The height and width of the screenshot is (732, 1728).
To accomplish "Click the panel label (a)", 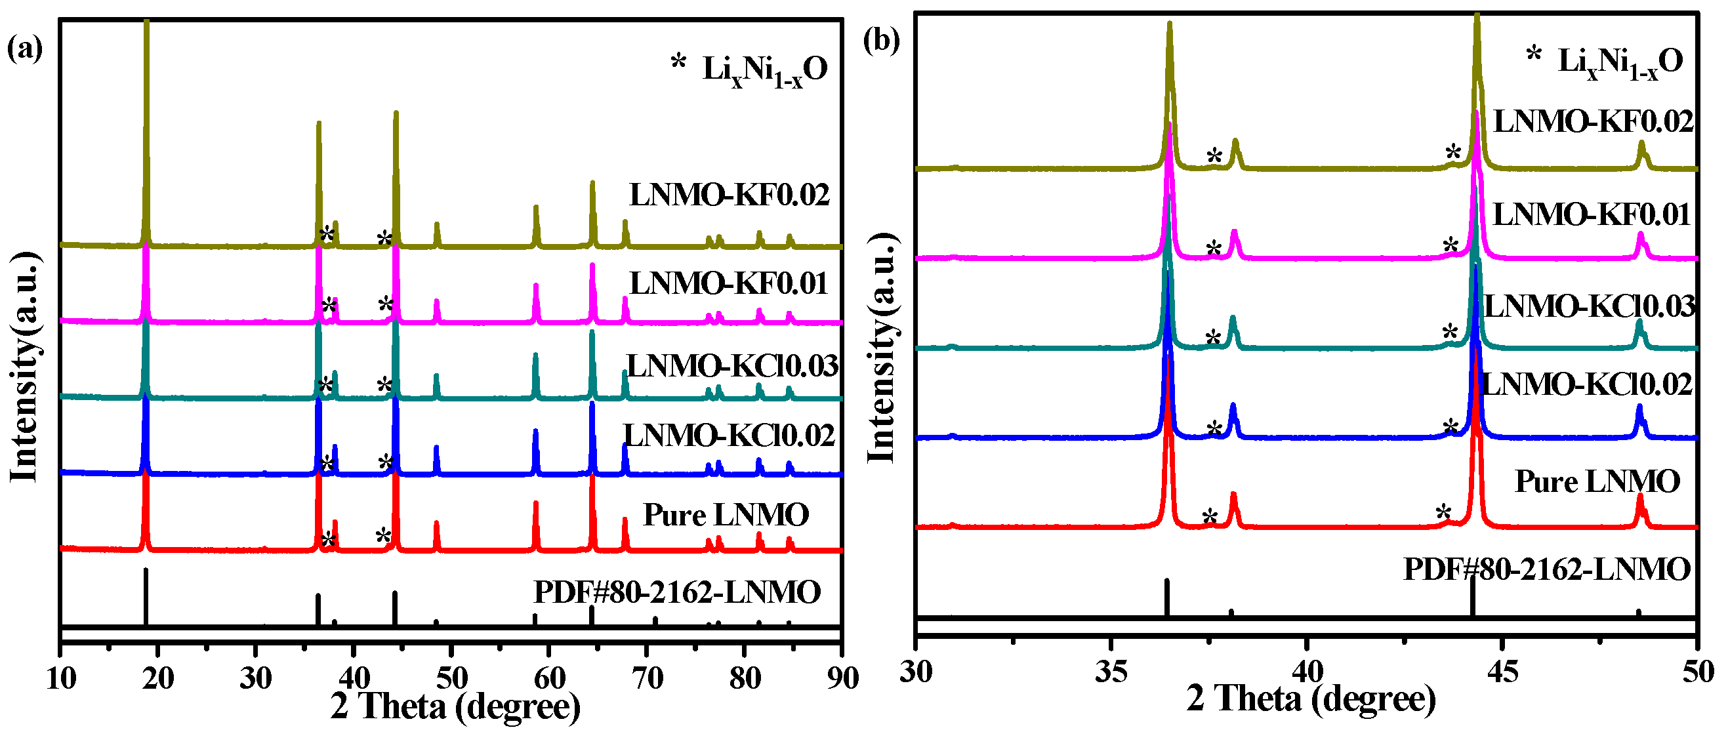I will pyautogui.click(x=25, y=50).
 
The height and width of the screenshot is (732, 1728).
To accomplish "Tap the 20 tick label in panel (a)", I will pyautogui.click(x=158, y=678).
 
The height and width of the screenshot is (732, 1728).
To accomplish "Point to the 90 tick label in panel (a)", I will pyautogui.click(x=842, y=678).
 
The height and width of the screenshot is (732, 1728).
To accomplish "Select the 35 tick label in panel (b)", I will pyautogui.click(x=1111, y=672).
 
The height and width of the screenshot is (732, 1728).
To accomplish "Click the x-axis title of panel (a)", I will pyautogui.click(x=456, y=706).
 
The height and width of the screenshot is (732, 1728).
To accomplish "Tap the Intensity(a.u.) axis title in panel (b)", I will pyautogui.click(x=882, y=349).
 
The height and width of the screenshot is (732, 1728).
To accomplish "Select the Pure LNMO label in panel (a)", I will pyautogui.click(x=726, y=516).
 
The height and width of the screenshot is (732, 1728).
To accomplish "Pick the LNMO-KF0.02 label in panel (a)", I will pyautogui.click(x=729, y=195).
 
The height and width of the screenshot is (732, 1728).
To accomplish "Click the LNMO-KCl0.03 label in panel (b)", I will pyautogui.click(x=1588, y=306).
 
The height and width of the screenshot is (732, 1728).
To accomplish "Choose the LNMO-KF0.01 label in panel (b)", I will pyautogui.click(x=1591, y=215).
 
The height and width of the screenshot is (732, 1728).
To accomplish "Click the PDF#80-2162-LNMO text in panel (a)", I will pyautogui.click(x=677, y=592).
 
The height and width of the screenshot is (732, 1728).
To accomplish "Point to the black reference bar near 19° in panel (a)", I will pyautogui.click(x=146, y=597).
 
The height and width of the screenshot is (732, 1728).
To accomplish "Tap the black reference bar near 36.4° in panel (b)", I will pyautogui.click(x=1166, y=597).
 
